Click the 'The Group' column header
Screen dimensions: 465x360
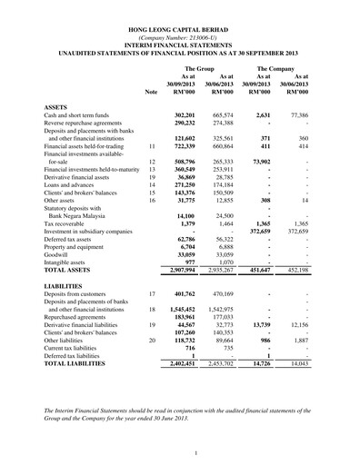point(199,69)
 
